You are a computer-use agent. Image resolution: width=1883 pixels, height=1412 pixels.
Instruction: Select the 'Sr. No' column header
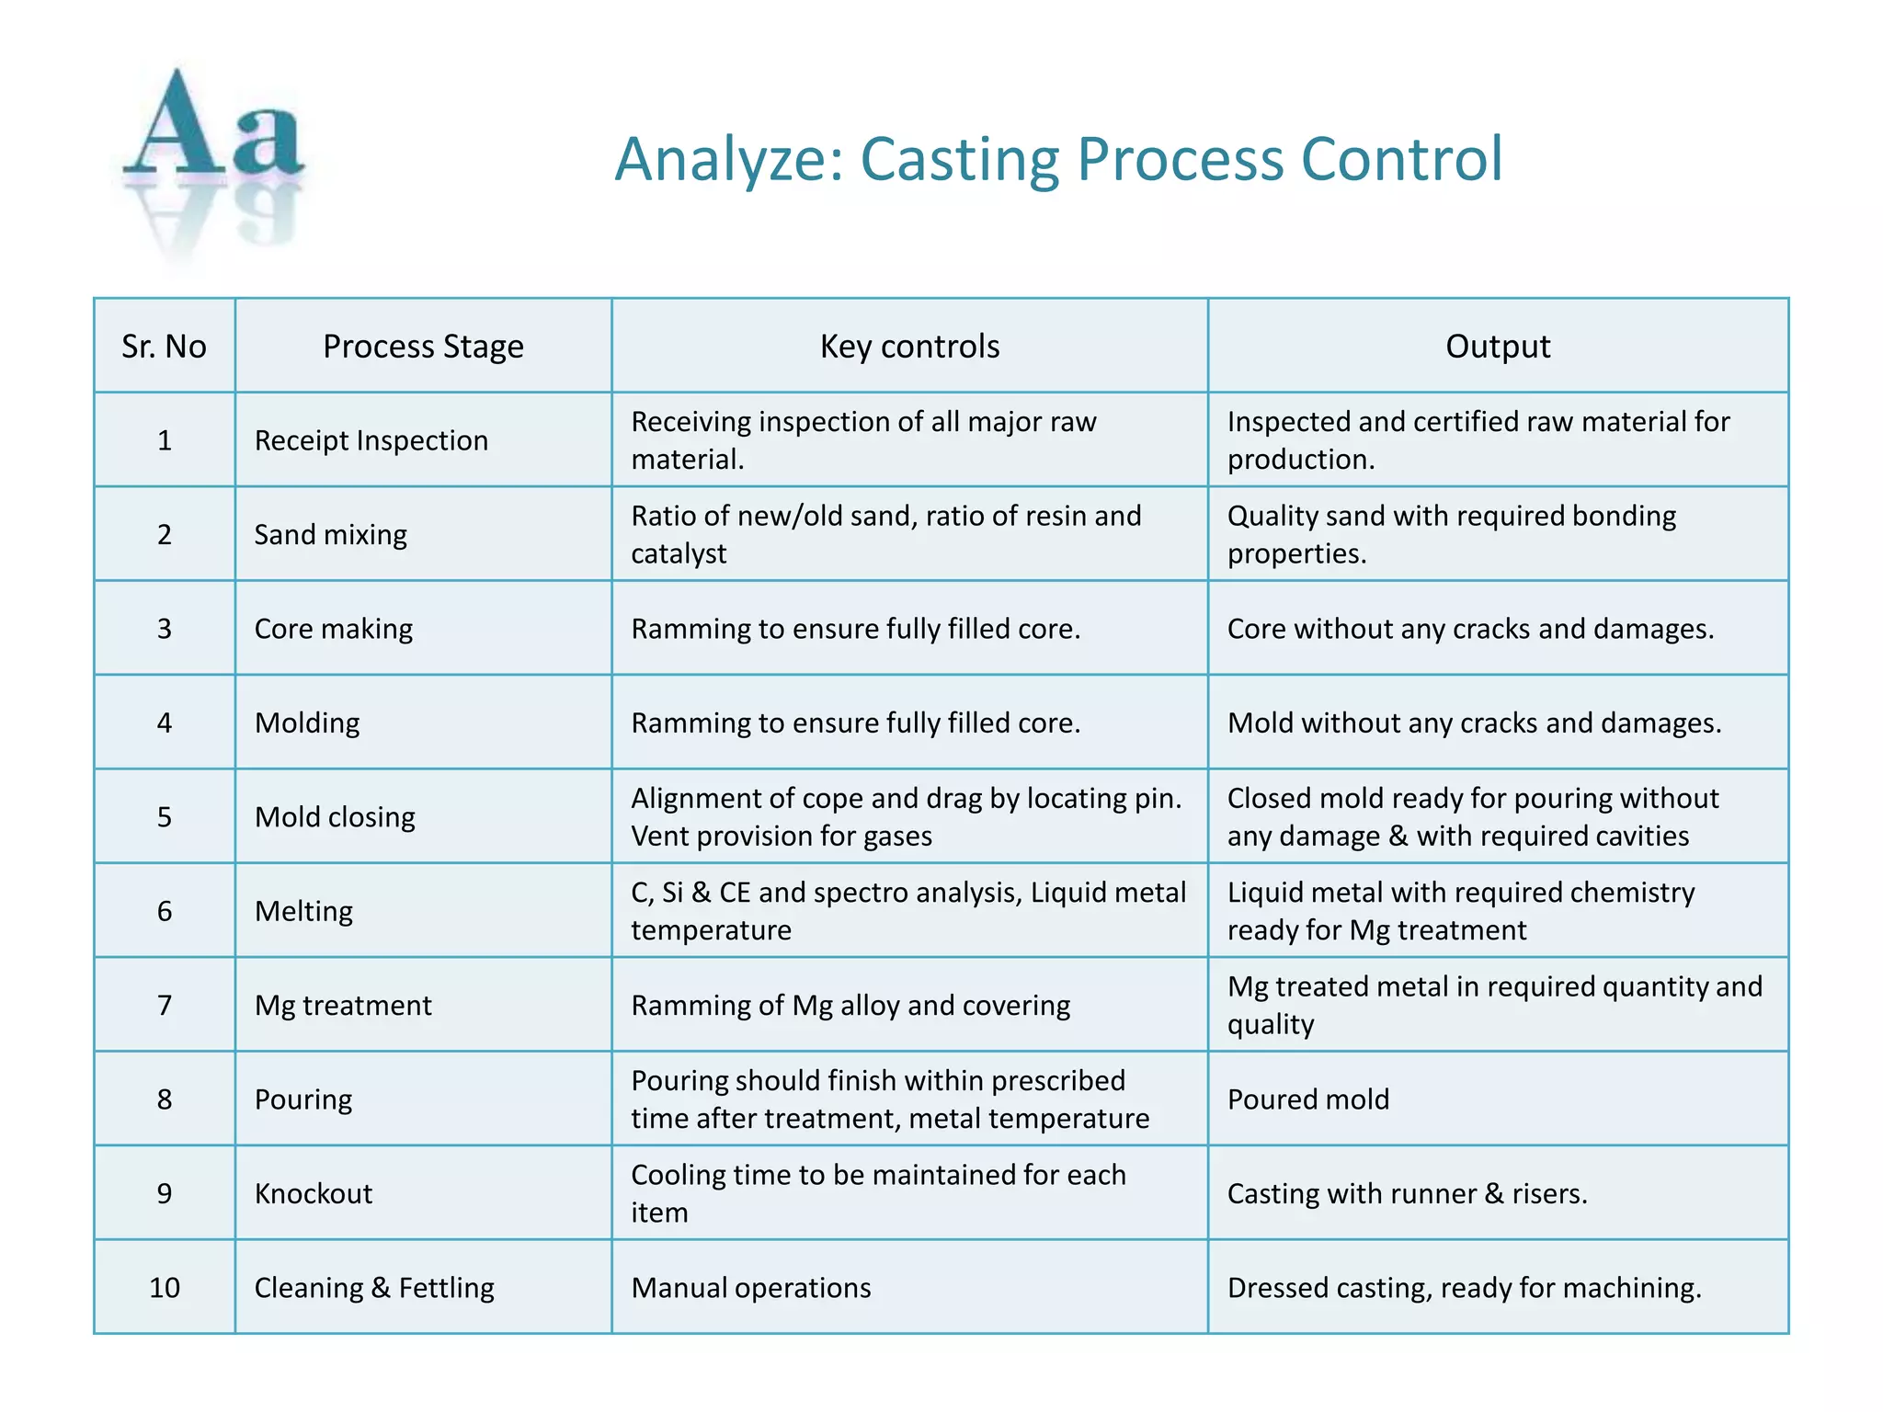(x=164, y=347)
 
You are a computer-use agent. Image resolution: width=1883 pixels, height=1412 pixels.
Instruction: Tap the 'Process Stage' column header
(x=423, y=347)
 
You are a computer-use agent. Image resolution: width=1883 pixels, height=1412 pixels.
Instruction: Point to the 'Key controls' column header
(x=909, y=347)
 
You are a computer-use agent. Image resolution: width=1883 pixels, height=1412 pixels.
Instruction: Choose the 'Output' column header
(x=1498, y=347)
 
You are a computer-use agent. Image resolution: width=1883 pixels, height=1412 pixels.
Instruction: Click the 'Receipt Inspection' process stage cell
(x=371, y=440)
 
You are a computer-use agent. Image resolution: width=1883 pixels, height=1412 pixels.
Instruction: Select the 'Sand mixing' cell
(x=330, y=534)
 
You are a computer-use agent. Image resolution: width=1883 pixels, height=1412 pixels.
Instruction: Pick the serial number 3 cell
(x=164, y=629)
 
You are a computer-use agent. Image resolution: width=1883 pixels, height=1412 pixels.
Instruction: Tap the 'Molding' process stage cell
(x=307, y=723)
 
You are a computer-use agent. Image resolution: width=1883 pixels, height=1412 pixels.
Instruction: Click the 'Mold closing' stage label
(x=335, y=817)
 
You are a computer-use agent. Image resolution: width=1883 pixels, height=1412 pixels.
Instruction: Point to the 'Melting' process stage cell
(x=303, y=911)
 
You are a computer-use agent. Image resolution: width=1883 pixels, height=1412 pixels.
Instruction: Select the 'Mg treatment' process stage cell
(x=343, y=1005)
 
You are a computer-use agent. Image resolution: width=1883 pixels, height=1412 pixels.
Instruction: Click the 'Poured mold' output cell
(x=1308, y=1099)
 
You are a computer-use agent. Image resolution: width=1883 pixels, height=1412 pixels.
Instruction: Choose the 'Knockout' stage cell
(x=314, y=1193)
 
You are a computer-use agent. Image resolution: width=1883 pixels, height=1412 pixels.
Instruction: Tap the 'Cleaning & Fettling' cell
(x=374, y=1288)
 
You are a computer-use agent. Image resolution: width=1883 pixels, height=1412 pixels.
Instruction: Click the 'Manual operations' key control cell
(x=751, y=1288)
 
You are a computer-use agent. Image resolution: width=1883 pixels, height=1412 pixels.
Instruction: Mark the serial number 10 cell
(x=164, y=1288)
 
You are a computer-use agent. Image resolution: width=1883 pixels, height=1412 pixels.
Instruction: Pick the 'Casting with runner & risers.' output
(x=1408, y=1193)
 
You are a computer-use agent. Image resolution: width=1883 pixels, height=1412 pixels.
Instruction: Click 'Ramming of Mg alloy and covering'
(x=850, y=1005)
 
